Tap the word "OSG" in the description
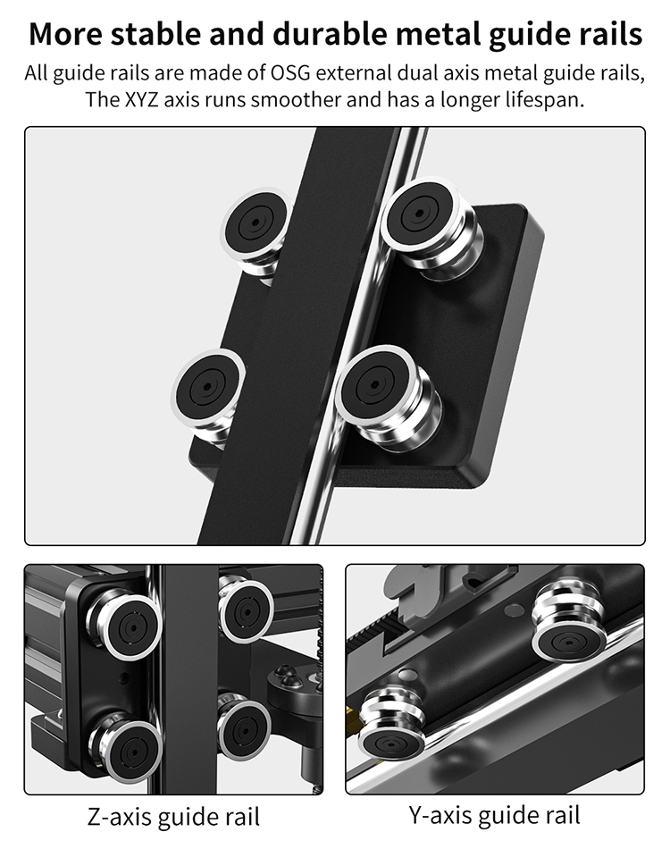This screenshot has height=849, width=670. pos(290,72)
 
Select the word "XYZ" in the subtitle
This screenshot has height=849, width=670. pos(141,100)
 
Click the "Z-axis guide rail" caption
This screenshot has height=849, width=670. pos(173,817)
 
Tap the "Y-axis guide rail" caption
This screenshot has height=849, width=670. pos(495,816)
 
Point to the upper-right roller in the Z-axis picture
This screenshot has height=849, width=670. pos(246,610)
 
